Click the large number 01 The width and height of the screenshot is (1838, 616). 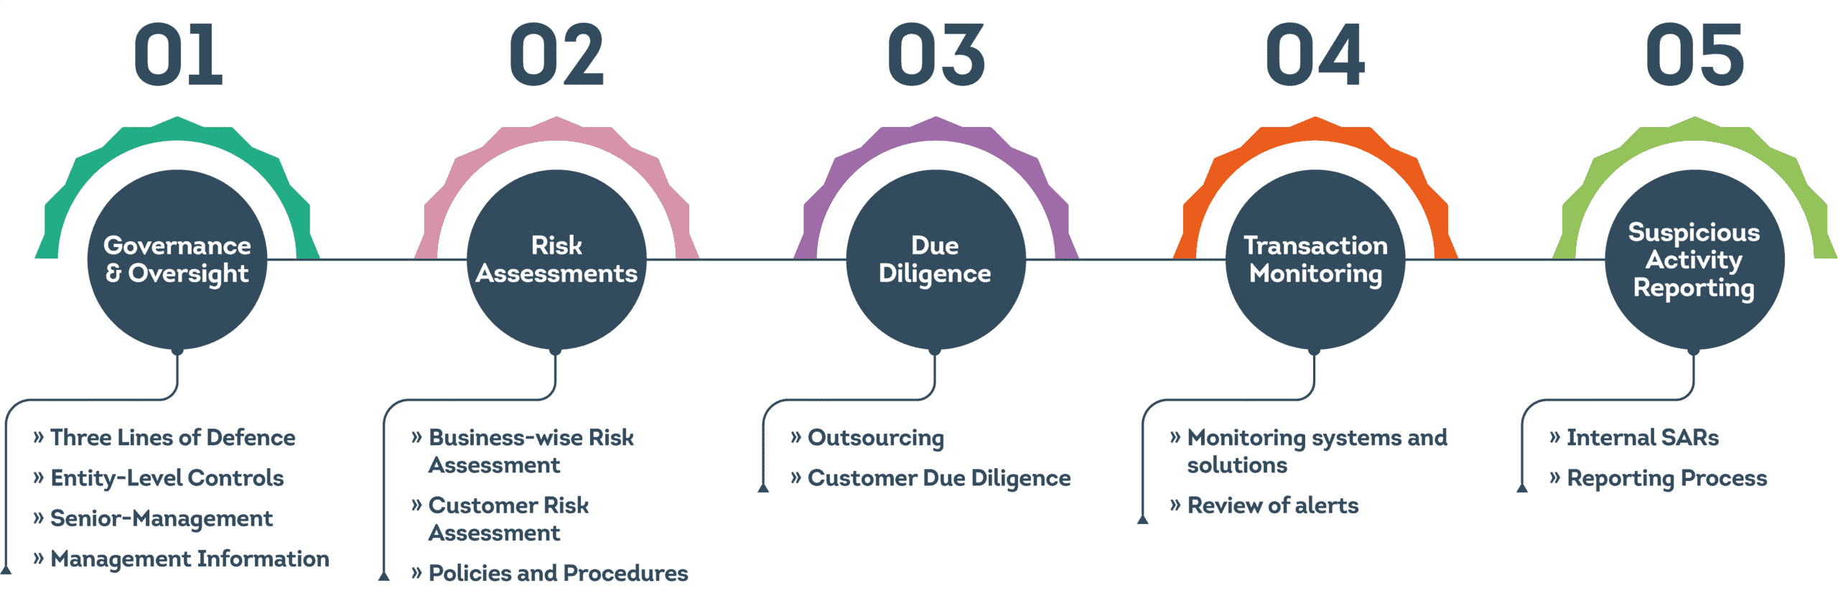[x=178, y=55]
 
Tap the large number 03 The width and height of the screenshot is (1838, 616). [x=936, y=55]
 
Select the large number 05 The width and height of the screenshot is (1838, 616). [x=1694, y=55]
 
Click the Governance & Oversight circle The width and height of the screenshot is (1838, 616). [x=177, y=259]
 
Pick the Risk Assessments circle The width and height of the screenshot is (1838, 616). [x=556, y=259]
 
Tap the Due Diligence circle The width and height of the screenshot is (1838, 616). [x=936, y=259]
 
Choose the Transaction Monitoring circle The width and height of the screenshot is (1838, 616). [x=1315, y=259]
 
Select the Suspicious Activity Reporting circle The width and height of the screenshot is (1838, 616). [x=1694, y=259]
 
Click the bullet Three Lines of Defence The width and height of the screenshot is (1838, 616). [x=164, y=437]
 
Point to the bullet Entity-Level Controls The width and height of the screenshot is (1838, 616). [x=159, y=478]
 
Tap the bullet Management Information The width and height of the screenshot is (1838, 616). [x=182, y=559]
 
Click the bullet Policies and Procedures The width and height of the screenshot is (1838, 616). [x=550, y=573]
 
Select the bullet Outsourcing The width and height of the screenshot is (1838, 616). [x=867, y=438]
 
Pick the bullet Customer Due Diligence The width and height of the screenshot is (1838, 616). [x=930, y=478]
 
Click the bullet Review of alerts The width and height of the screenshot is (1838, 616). [x=1264, y=505]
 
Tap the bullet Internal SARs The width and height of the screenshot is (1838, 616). [x=1634, y=437]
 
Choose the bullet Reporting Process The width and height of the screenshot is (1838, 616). [x=1659, y=478]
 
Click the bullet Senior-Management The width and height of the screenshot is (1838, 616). [x=153, y=518]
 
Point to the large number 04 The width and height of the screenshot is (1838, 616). [x=1315, y=55]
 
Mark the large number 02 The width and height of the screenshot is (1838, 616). [x=557, y=55]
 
